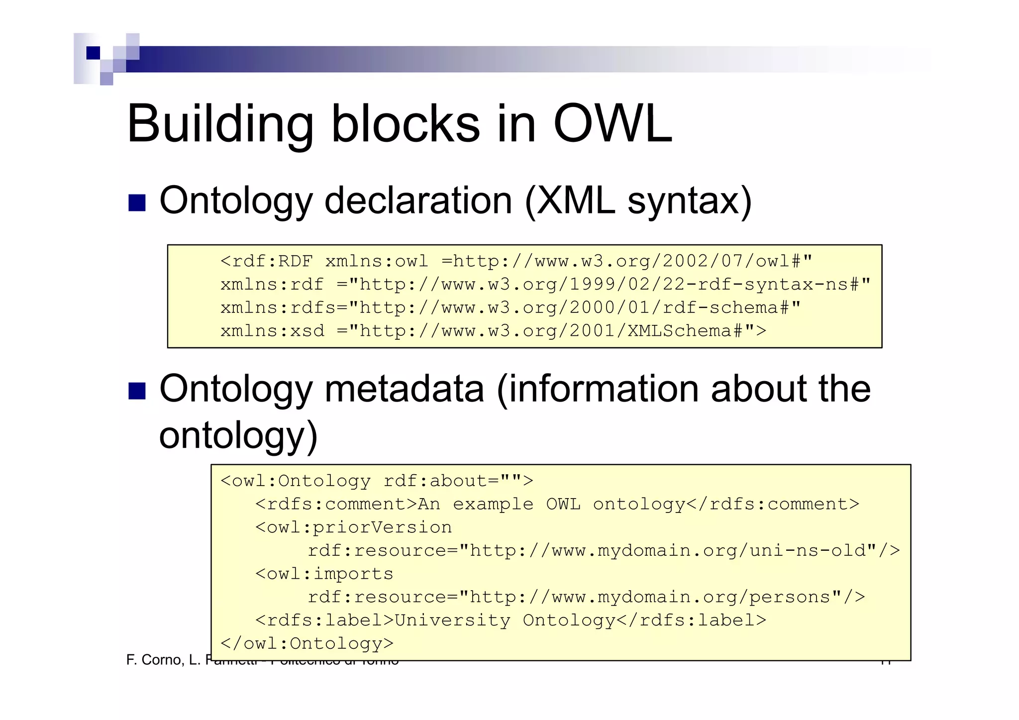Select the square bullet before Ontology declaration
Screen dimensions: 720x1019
(x=137, y=203)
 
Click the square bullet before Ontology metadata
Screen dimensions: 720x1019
(x=137, y=391)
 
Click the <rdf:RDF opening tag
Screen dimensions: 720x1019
(x=267, y=261)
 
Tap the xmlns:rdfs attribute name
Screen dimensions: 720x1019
(x=278, y=308)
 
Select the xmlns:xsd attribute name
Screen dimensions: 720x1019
(x=272, y=331)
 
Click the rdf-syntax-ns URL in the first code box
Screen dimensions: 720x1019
(x=610, y=285)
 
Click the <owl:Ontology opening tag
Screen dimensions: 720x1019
(x=296, y=481)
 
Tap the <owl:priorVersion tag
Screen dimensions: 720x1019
(x=353, y=527)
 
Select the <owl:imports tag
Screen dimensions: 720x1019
(x=324, y=574)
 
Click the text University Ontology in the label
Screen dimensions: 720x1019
(x=505, y=620)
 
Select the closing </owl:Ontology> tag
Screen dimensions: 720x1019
(x=306, y=644)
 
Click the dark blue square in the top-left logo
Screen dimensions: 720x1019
(x=93, y=53)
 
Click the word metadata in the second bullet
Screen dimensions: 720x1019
(x=404, y=389)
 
